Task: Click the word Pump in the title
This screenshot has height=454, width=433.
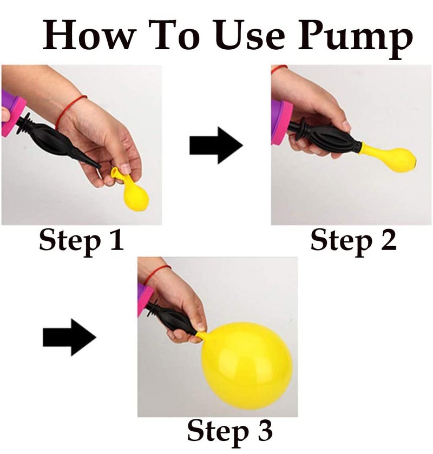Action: click(x=356, y=39)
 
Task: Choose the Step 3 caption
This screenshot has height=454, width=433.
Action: click(x=229, y=431)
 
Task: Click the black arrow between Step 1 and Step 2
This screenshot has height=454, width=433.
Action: click(x=216, y=146)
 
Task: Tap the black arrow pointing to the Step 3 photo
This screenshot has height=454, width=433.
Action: click(x=69, y=337)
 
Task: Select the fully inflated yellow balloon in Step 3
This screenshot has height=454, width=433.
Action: click(x=246, y=365)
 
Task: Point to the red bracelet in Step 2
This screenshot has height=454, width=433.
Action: click(x=279, y=68)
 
